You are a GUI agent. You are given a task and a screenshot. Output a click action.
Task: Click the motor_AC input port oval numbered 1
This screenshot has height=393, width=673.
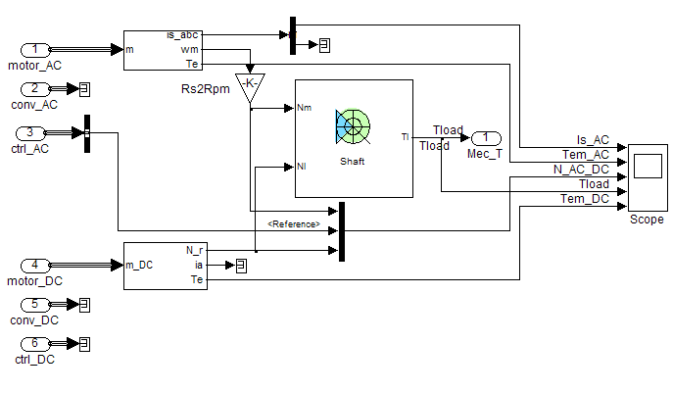pos(34,49)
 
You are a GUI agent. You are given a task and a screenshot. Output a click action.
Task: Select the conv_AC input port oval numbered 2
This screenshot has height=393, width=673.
pos(34,89)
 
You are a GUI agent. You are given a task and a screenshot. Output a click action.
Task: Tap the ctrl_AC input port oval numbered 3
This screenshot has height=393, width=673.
pos(34,133)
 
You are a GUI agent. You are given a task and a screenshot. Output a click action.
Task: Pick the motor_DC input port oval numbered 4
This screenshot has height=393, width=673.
pos(34,264)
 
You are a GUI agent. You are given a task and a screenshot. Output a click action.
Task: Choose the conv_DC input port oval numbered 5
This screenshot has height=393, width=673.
pos(34,304)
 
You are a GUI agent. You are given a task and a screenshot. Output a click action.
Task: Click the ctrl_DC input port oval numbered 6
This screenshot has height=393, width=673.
pos(34,343)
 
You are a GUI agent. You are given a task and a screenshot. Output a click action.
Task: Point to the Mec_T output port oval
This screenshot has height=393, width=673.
pos(486,138)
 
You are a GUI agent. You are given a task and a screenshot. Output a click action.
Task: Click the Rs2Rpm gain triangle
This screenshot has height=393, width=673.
pos(250,86)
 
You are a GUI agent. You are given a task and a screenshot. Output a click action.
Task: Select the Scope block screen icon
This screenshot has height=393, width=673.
pos(647,167)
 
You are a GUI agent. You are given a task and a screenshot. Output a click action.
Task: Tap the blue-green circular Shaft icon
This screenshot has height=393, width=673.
pos(353,125)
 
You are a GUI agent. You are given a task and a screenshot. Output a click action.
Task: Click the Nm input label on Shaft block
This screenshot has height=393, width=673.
pos(304,108)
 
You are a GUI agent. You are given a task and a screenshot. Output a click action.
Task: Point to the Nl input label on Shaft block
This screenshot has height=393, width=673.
pos(303,167)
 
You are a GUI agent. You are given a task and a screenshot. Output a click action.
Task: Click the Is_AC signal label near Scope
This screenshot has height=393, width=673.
pos(593,139)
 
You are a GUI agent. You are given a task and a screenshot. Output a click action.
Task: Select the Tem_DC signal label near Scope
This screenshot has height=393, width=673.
pos(585,199)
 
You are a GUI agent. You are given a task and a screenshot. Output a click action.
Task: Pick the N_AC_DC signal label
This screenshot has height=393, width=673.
pos(581,170)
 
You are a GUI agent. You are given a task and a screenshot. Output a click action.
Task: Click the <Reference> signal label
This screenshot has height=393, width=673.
pos(295,224)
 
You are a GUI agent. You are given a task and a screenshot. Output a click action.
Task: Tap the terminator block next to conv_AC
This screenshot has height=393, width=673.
pos(84,89)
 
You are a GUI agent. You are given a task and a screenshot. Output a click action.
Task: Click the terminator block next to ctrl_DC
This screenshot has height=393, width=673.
pos(84,343)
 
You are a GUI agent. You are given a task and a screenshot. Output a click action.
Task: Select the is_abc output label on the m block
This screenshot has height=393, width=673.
pos(184,35)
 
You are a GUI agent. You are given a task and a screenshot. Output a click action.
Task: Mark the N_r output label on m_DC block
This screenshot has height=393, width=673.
pos(194,250)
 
